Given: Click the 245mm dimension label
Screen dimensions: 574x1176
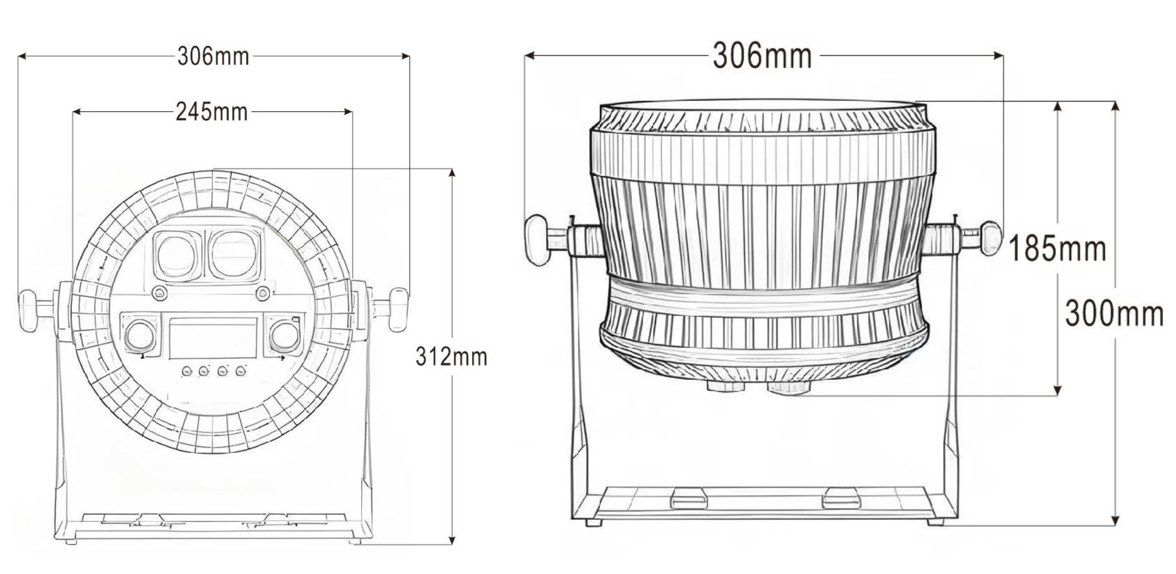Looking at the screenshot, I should tap(211, 112).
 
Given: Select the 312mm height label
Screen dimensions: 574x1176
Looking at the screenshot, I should tap(451, 357).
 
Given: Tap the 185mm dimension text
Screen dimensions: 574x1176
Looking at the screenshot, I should tap(1057, 249).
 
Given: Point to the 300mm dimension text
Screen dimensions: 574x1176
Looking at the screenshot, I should tap(1114, 315).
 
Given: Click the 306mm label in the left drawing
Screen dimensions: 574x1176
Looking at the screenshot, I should tap(213, 57).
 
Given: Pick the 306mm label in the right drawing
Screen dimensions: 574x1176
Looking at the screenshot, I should tap(762, 56).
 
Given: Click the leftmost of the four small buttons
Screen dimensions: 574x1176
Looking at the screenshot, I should tap(187, 372).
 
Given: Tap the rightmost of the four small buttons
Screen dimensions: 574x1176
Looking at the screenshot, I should tap(241, 371).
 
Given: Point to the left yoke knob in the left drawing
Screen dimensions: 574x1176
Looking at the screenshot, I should tap(28, 311).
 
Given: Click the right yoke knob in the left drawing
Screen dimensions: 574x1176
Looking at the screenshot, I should tap(397, 309).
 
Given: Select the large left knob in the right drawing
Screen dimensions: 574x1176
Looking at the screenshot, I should tap(536, 241).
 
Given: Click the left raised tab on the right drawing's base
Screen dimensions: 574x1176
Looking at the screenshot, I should tap(689, 498).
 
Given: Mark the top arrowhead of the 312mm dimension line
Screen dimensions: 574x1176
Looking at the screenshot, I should tap(452, 173).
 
